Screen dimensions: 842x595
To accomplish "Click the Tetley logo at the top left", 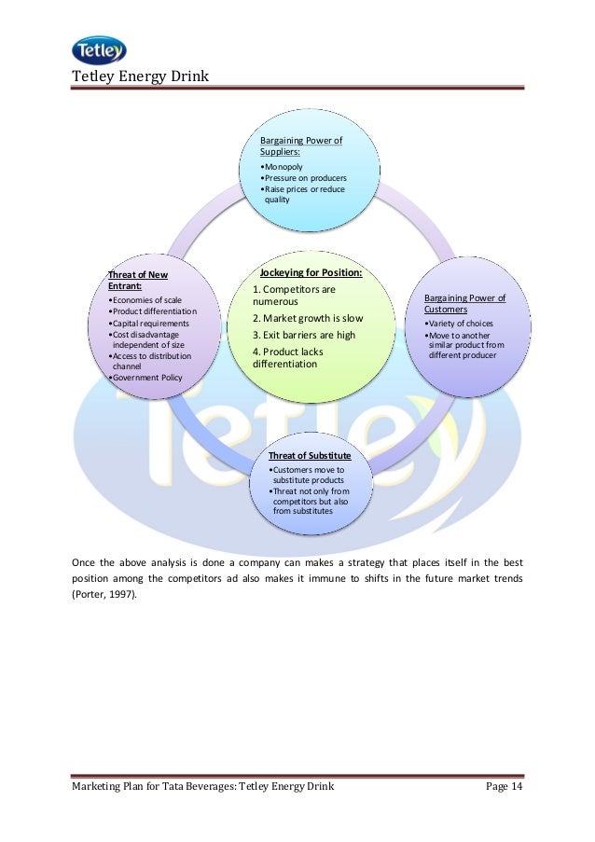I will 98,50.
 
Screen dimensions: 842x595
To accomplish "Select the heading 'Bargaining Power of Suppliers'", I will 300,146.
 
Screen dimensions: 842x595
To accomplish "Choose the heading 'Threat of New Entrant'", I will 138,281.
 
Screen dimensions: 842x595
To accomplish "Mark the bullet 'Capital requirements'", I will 149,323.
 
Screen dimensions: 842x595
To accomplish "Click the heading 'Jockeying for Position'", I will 311,273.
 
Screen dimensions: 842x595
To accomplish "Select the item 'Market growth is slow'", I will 308,318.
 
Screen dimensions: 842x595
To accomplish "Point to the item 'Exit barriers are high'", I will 304,335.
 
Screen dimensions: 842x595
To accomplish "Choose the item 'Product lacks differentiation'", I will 297,358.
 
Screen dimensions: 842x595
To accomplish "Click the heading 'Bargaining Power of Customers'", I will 464,304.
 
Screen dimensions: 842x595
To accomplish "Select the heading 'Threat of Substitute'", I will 310,455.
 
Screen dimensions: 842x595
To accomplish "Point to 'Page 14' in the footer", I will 505,788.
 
